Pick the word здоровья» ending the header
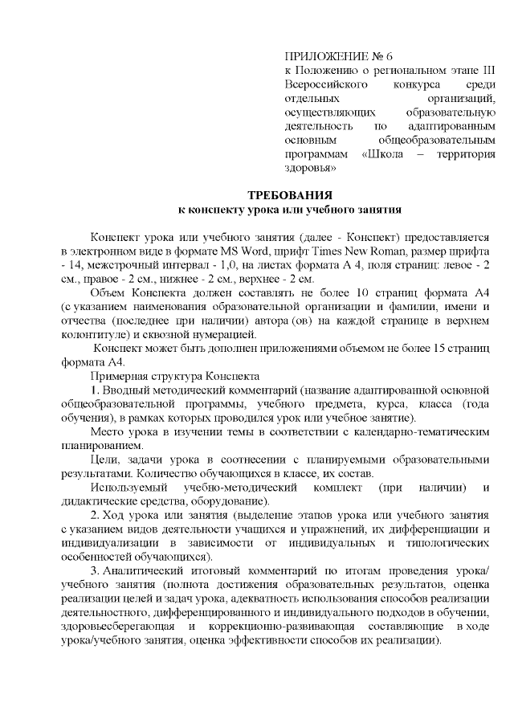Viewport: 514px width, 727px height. tap(310, 169)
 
